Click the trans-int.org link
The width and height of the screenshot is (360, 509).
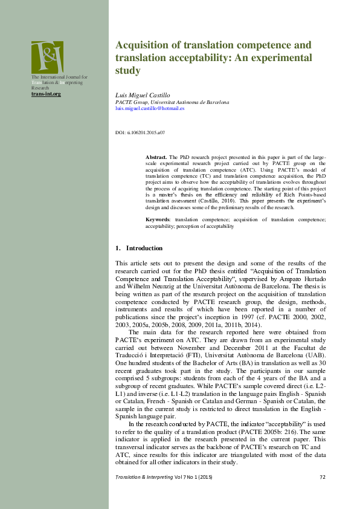(47, 94)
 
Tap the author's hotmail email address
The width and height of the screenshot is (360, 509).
(149, 108)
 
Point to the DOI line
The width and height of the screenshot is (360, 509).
(140, 132)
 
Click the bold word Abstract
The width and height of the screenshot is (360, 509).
(156, 156)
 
